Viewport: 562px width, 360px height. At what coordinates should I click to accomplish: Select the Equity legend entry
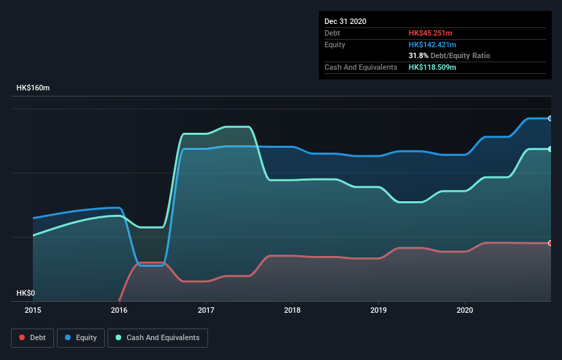[x=81, y=337]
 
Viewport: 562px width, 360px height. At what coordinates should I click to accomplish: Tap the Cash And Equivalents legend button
[x=157, y=337]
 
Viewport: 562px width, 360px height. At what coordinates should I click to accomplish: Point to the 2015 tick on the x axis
[x=33, y=310]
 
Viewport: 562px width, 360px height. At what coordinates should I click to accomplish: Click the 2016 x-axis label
[x=119, y=310]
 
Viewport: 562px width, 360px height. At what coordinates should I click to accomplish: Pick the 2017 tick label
[x=206, y=310]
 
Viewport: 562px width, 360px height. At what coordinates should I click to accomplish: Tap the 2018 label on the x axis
[x=292, y=310]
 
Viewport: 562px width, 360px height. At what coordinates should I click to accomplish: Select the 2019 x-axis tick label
[x=379, y=310]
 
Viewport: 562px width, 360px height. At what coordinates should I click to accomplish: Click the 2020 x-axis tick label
[x=465, y=310]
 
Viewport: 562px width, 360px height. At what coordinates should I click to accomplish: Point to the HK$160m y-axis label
[x=33, y=88]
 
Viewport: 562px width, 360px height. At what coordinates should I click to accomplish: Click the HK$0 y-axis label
[x=25, y=293]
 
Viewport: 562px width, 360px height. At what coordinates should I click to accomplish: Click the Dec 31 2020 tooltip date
[x=345, y=21]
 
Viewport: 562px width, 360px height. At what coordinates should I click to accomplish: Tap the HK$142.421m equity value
[x=432, y=44]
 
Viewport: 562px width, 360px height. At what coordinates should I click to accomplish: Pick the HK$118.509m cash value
[x=432, y=67]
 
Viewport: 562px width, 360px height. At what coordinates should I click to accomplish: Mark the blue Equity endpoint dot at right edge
[x=550, y=118]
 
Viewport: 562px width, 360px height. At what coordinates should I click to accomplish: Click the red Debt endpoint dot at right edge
[x=550, y=243]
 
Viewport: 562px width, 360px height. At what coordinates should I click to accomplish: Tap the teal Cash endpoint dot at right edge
[x=550, y=149]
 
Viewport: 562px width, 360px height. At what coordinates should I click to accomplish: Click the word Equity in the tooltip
[x=335, y=44]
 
